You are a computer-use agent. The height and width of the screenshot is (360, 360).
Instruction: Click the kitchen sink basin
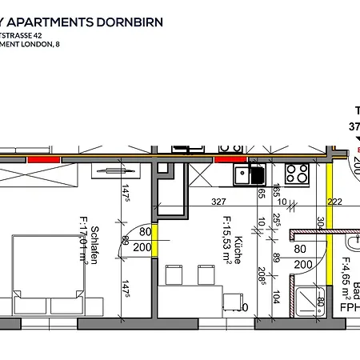point(256,174)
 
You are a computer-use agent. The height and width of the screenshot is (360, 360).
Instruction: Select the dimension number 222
point(334,202)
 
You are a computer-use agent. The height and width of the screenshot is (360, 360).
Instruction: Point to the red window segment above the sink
point(230,159)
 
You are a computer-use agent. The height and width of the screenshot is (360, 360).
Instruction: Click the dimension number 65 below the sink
point(261,192)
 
